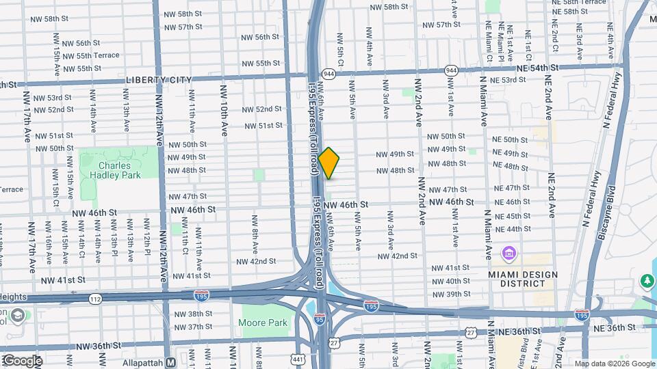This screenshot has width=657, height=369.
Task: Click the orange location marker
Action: tap(328, 163)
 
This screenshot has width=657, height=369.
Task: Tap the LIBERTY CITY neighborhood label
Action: tap(159, 80)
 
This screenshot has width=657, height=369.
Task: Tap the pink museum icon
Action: tap(509, 255)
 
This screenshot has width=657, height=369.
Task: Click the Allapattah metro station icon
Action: tap(172, 361)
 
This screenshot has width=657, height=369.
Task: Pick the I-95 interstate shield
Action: tap(320, 318)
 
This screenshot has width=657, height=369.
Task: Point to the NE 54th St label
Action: tap(538, 68)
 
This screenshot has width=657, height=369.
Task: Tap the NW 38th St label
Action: tap(193, 314)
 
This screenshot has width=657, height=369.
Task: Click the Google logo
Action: tap(22, 361)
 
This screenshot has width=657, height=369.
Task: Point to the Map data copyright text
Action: tap(614, 364)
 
